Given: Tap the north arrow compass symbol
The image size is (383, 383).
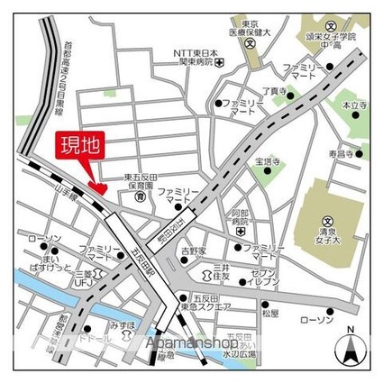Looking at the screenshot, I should click(351, 346).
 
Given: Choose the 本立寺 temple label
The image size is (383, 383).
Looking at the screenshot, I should click(352, 106).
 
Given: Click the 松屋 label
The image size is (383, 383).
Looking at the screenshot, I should click(270, 312).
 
